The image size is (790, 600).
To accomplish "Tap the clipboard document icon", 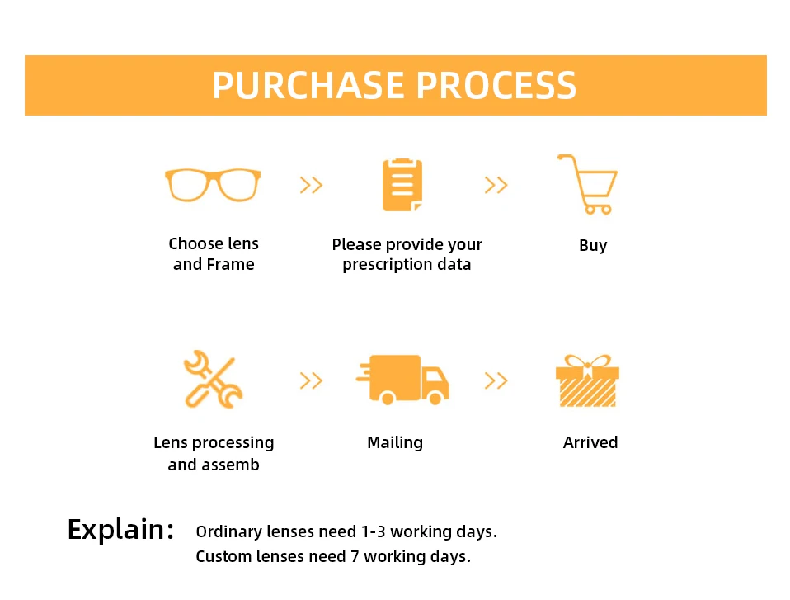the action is [402, 185].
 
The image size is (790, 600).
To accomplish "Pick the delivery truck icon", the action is [402, 380].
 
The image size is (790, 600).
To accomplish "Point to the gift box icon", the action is [587, 380].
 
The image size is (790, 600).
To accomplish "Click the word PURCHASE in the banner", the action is [308, 85].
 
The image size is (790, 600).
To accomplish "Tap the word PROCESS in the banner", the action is [496, 85].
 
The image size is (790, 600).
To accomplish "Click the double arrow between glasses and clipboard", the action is [311, 185].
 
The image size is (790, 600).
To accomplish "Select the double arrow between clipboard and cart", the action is [496, 185].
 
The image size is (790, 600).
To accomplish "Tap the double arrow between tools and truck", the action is [311, 380].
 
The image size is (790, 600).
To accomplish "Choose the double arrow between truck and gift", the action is [496, 380].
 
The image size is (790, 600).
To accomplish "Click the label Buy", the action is [593, 246].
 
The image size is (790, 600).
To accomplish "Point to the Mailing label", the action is [395, 442].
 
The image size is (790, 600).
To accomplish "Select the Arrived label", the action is [590, 442].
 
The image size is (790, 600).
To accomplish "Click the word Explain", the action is [121, 529].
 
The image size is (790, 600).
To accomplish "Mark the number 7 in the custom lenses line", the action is [355, 556].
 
